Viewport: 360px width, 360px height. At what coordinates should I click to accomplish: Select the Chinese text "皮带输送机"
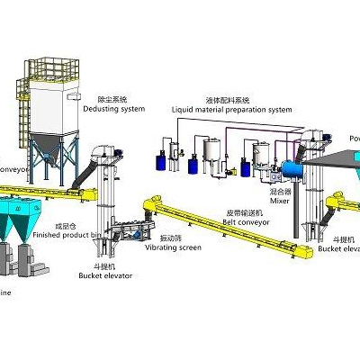pyautogui.click(x=241, y=213)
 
